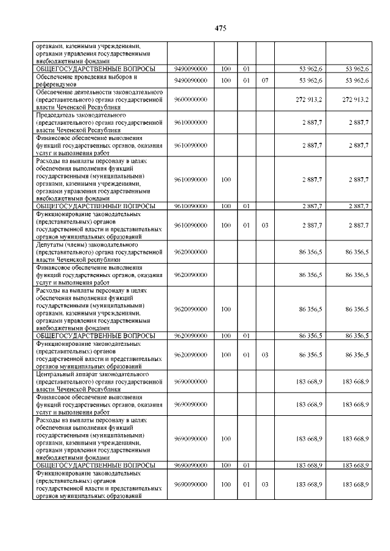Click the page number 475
click(x=221, y=28)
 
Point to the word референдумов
click(x=56, y=84)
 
